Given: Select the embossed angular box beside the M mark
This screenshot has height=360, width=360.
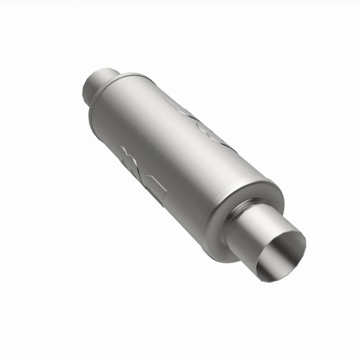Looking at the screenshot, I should (155, 189).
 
